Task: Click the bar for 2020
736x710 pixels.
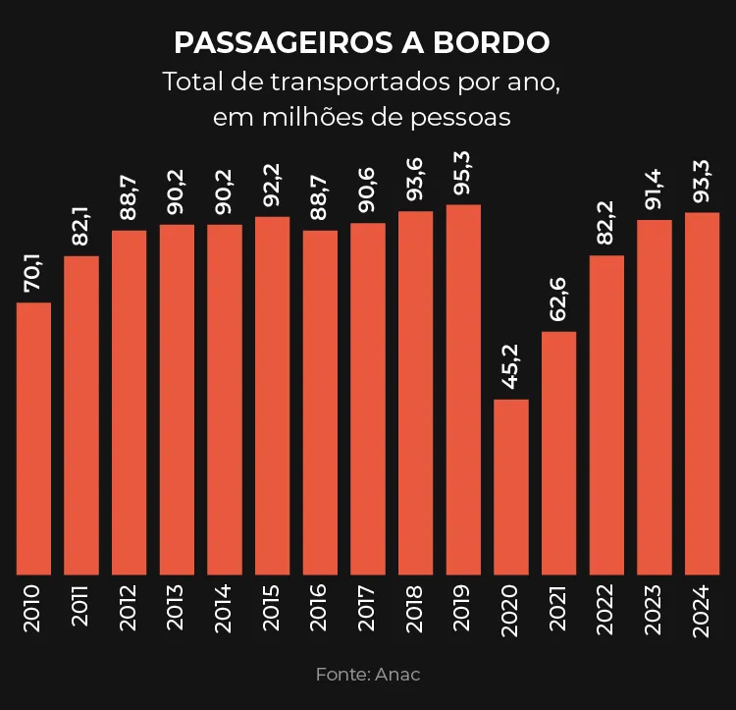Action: (511, 486)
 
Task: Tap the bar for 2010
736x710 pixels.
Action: (34, 438)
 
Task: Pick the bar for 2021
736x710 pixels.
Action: (559, 453)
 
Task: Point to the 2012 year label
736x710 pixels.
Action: (129, 609)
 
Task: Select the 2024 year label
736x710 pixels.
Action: (702, 609)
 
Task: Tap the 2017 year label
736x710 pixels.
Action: (367, 609)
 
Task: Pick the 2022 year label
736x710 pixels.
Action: (606, 609)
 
